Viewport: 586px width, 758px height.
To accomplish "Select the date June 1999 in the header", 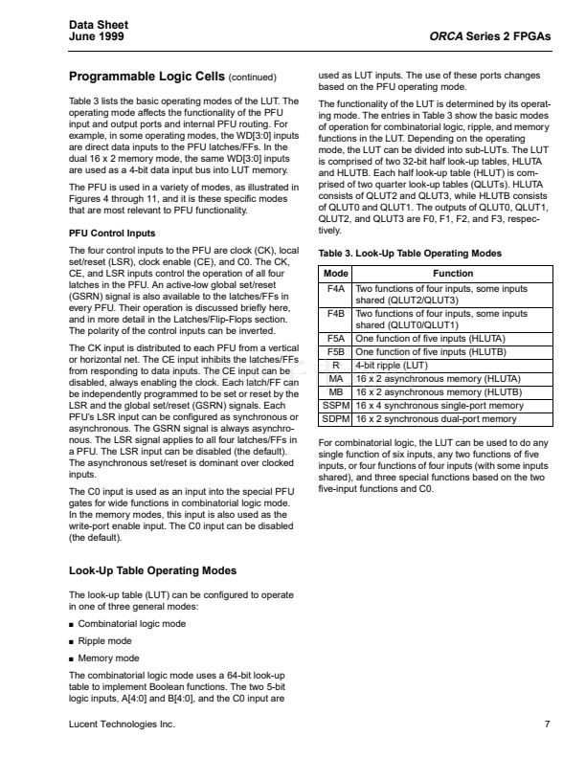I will [x=97, y=37].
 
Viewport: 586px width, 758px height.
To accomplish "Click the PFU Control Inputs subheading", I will [x=112, y=233].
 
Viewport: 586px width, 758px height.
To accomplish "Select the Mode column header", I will [x=335, y=274].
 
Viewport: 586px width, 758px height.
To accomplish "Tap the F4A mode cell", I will [x=335, y=287].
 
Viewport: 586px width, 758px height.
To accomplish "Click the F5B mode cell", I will [x=335, y=351].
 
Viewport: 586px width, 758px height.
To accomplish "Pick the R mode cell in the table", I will [x=335, y=365].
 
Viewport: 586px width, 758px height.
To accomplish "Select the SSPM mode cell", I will [x=335, y=406].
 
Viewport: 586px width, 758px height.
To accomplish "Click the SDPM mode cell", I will [x=335, y=419].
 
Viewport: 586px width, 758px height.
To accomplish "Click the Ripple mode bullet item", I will [x=106, y=640].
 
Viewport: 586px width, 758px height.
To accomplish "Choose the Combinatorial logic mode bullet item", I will [x=134, y=623].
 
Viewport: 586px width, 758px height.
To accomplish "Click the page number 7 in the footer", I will [x=547, y=725].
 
